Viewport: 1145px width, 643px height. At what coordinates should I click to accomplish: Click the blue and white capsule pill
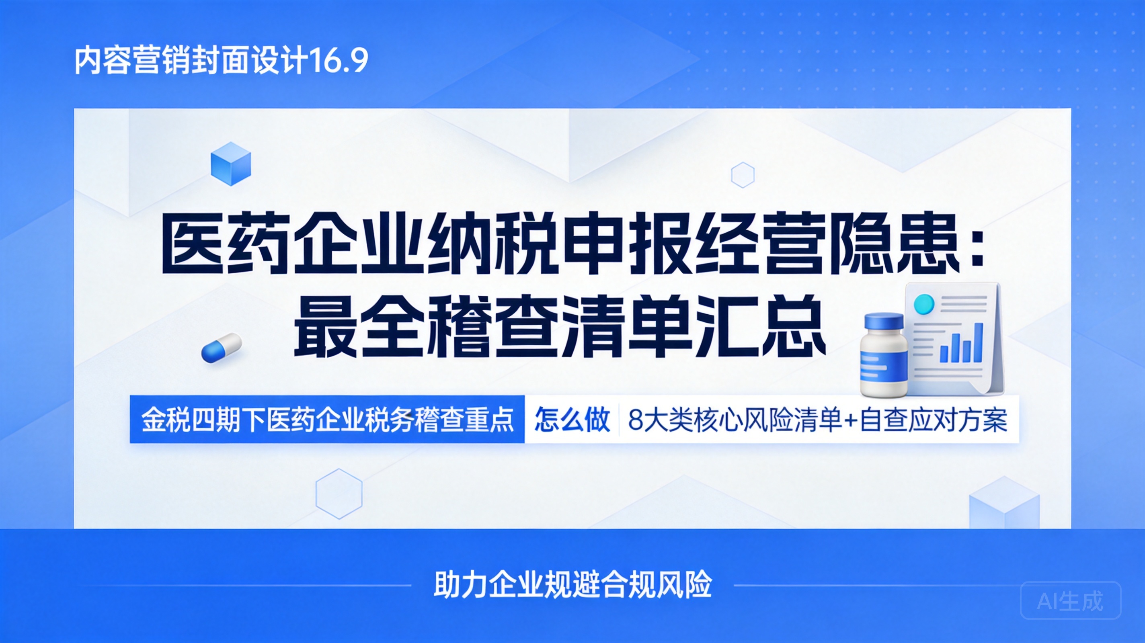coord(222,348)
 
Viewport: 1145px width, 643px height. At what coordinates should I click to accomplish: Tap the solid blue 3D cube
coord(231,164)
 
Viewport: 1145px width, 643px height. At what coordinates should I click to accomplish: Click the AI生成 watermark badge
coord(1070,601)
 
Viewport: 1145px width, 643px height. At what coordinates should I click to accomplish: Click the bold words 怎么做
coord(572,419)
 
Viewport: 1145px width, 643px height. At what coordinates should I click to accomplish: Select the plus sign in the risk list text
coord(850,420)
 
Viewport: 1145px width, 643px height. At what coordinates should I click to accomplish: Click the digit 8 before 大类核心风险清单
coord(636,420)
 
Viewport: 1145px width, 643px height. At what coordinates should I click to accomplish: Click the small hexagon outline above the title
coord(743,175)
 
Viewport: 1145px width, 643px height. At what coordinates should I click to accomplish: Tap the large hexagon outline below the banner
coord(339,494)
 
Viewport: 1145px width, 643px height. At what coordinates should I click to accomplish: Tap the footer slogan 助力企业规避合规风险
coord(572,584)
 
